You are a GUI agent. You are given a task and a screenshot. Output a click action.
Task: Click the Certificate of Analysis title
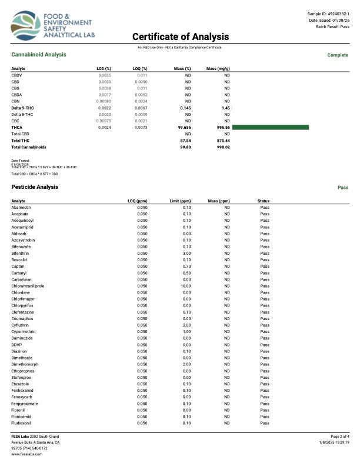pyautogui.click(x=179, y=36)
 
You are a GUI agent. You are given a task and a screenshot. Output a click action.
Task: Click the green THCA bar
pyautogui.click(x=271, y=127)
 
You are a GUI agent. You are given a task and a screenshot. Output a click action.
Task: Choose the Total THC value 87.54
pyautogui.click(x=186, y=141)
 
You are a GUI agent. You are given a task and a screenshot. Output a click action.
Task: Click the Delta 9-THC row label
pyautogui.click(x=24, y=108)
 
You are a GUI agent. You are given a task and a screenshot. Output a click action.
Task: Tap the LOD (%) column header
pyautogui.click(x=104, y=69)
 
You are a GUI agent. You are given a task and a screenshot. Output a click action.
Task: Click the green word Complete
pyautogui.click(x=338, y=55)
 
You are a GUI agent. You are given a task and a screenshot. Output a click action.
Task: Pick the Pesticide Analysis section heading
pyautogui.click(x=35, y=187)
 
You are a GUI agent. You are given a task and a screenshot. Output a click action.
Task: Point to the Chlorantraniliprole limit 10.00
pyautogui.click(x=185, y=286)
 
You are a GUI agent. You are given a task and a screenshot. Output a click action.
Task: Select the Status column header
pyautogui.click(x=264, y=201)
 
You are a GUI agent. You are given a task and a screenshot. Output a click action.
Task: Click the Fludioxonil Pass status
pyautogui.click(x=265, y=423)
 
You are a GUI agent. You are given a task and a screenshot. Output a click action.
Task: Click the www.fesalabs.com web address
pyautogui.click(x=25, y=454)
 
